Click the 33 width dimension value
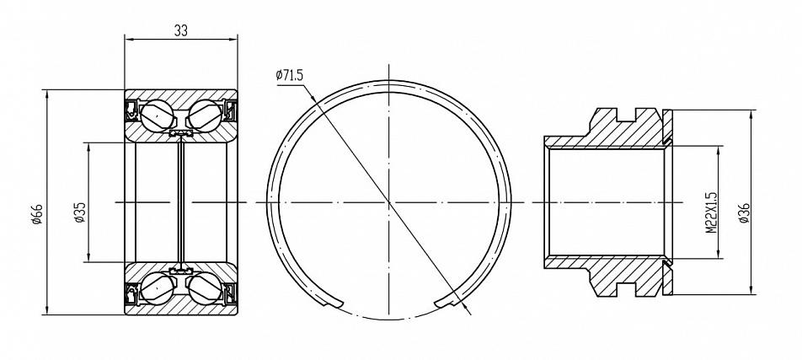(181, 30)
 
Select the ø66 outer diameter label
(37, 214)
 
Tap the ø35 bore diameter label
(79, 212)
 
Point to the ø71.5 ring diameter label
(290, 75)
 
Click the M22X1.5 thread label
(712, 212)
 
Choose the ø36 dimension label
(744, 212)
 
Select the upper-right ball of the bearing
(205, 116)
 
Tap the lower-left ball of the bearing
(157, 289)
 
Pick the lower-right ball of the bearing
(205, 289)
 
